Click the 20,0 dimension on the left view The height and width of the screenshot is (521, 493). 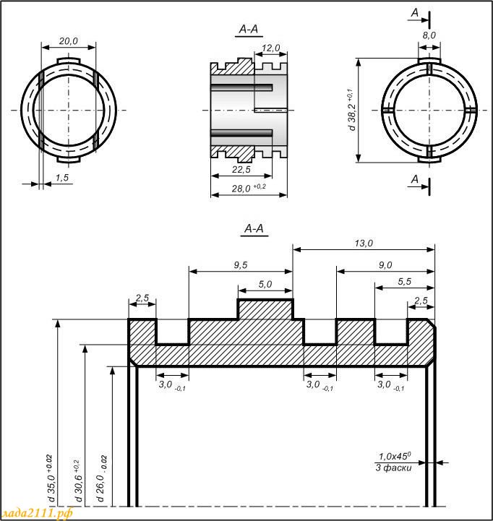[x=68, y=41]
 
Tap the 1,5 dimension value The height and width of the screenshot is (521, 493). [x=62, y=178]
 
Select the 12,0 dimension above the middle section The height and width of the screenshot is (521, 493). [x=270, y=48]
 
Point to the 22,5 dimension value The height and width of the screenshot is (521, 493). [x=241, y=170]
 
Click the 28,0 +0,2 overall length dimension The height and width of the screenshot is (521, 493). [x=249, y=188]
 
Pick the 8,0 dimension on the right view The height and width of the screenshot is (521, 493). [x=429, y=35]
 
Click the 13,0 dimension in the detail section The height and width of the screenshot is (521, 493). [x=364, y=244]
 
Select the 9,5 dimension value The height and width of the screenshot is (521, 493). [x=240, y=265]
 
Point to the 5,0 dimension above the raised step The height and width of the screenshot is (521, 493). [x=265, y=285]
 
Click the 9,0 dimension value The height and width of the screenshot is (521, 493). [x=385, y=265]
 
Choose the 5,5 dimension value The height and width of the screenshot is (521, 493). [x=404, y=282]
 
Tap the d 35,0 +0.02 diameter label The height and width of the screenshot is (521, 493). [x=50, y=478]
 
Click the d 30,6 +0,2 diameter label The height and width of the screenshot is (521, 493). [x=78, y=481]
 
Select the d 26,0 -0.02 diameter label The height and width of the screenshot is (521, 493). [x=101, y=478]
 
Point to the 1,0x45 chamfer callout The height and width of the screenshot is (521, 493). [x=395, y=456]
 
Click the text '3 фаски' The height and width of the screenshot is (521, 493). [x=393, y=468]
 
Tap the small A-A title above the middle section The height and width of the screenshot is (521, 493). [x=249, y=29]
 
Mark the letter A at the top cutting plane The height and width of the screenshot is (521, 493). [x=415, y=12]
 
